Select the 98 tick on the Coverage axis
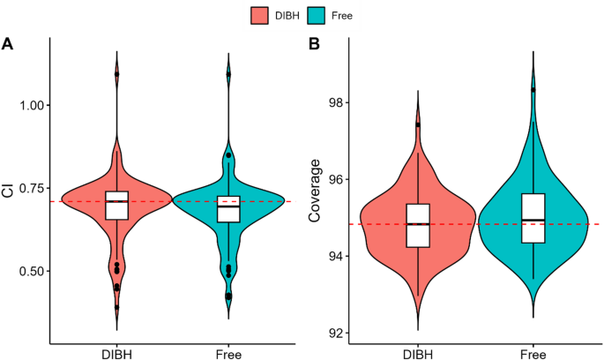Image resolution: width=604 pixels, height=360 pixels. (335, 102)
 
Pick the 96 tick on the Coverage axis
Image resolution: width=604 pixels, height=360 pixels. (335, 179)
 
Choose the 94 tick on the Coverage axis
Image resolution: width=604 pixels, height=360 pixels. (335, 257)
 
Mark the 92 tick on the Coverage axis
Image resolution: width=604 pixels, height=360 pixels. (335, 334)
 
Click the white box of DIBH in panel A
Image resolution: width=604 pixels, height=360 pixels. (116, 205)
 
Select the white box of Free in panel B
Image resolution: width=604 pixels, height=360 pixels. (533, 217)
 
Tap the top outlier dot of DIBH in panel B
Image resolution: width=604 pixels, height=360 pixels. (418, 124)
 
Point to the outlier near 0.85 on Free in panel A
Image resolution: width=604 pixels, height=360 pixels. (228, 155)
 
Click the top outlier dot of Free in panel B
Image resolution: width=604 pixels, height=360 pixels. (533, 89)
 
